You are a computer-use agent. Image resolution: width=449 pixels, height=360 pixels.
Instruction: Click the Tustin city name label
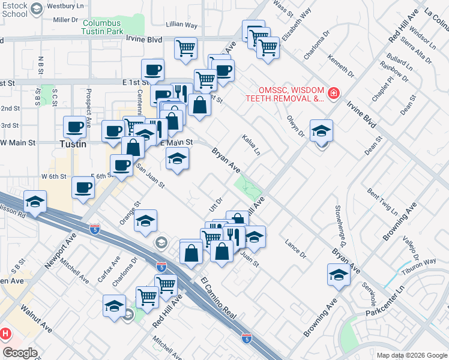pos(73,144)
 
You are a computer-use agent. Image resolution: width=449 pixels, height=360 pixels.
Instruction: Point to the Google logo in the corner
pos(20,353)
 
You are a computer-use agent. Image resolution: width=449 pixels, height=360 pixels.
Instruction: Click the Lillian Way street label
pos(182,25)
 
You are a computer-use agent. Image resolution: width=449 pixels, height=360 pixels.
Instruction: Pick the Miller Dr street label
pos(67,20)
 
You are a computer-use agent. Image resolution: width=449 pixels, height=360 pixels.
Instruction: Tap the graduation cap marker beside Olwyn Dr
pos(322,131)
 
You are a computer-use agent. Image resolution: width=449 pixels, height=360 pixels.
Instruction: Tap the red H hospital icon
pos(5,333)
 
